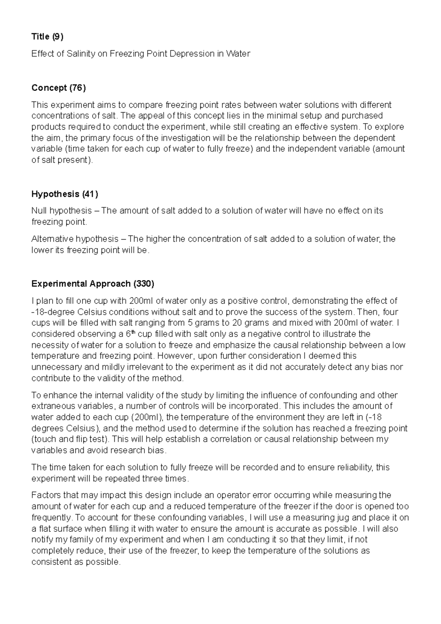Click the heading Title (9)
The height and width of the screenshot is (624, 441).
(x=47, y=36)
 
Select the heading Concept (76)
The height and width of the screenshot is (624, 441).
(x=58, y=88)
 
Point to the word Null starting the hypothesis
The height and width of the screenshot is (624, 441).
(x=39, y=211)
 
